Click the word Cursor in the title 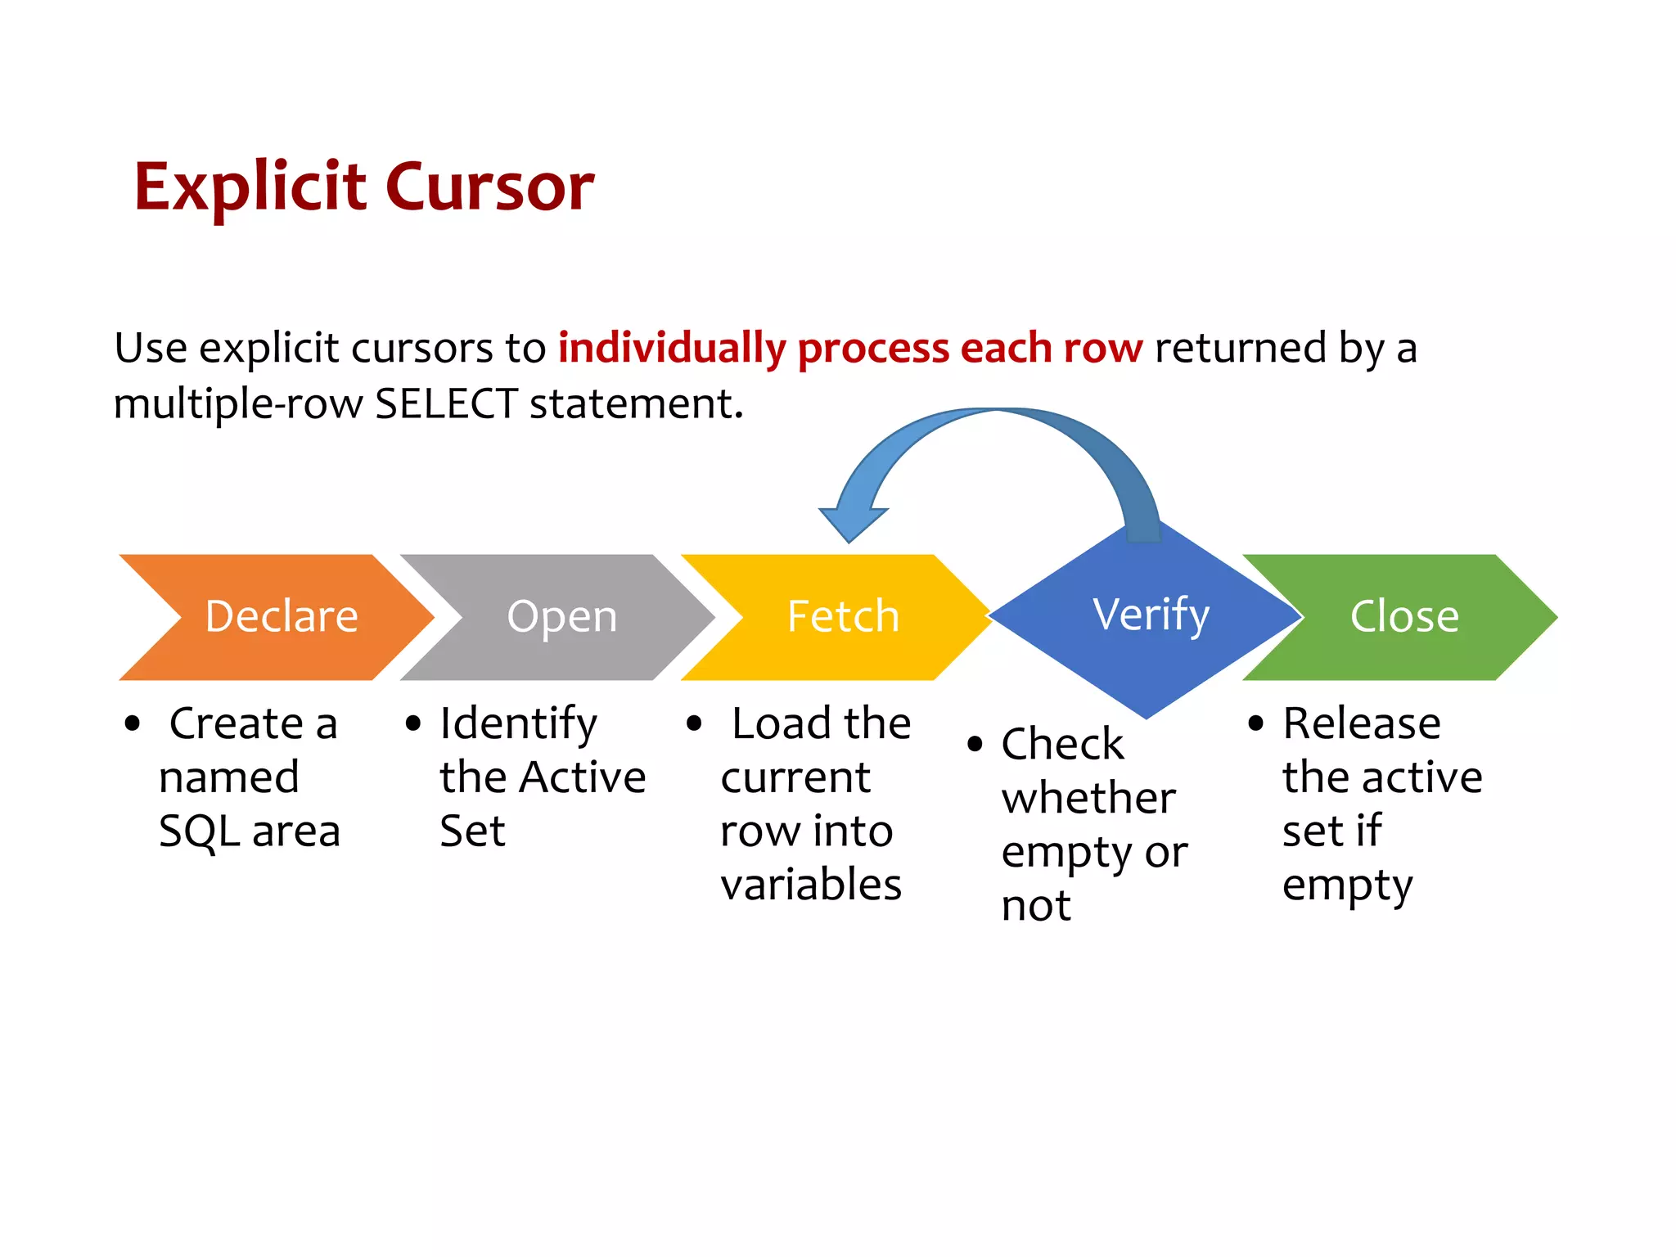pos(489,187)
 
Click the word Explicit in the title pos(250,187)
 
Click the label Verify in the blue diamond pos(1151,615)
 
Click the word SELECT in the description pos(446,403)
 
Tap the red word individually pos(671,348)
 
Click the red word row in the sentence pos(1102,348)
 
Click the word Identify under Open pos(518,724)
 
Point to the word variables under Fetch pos(811,885)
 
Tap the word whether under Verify pos(1088,798)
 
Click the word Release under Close pos(1361,724)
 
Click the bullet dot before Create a pos(133,724)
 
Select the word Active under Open pos(583,777)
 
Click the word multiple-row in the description pos(237,403)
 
